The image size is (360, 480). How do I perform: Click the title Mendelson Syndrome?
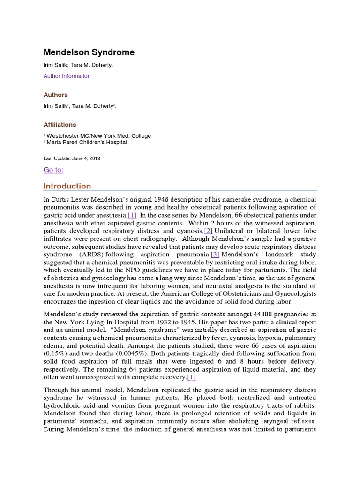tap(89, 52)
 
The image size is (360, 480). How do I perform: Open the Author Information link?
tap(67, 76)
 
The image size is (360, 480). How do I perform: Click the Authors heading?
tap(56, 95)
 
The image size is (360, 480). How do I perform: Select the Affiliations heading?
tap(60, 125)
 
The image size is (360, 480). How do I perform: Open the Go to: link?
tap(53, 170)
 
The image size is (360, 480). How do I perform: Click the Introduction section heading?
tap(67, 186)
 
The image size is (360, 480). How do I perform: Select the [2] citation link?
tap(209, 231)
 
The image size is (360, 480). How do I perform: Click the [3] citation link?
tap(215, 254)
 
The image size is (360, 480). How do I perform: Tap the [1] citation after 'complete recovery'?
tap(191, 377)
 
